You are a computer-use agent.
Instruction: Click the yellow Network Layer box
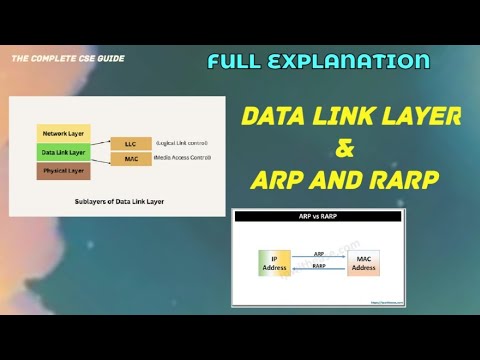click(x=62, y=133)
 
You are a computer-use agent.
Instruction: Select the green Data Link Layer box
click(x=62, y=152)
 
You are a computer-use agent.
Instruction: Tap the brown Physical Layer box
click(x=62, y=171)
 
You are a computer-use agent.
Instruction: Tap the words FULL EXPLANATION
click(x=318, y=62)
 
